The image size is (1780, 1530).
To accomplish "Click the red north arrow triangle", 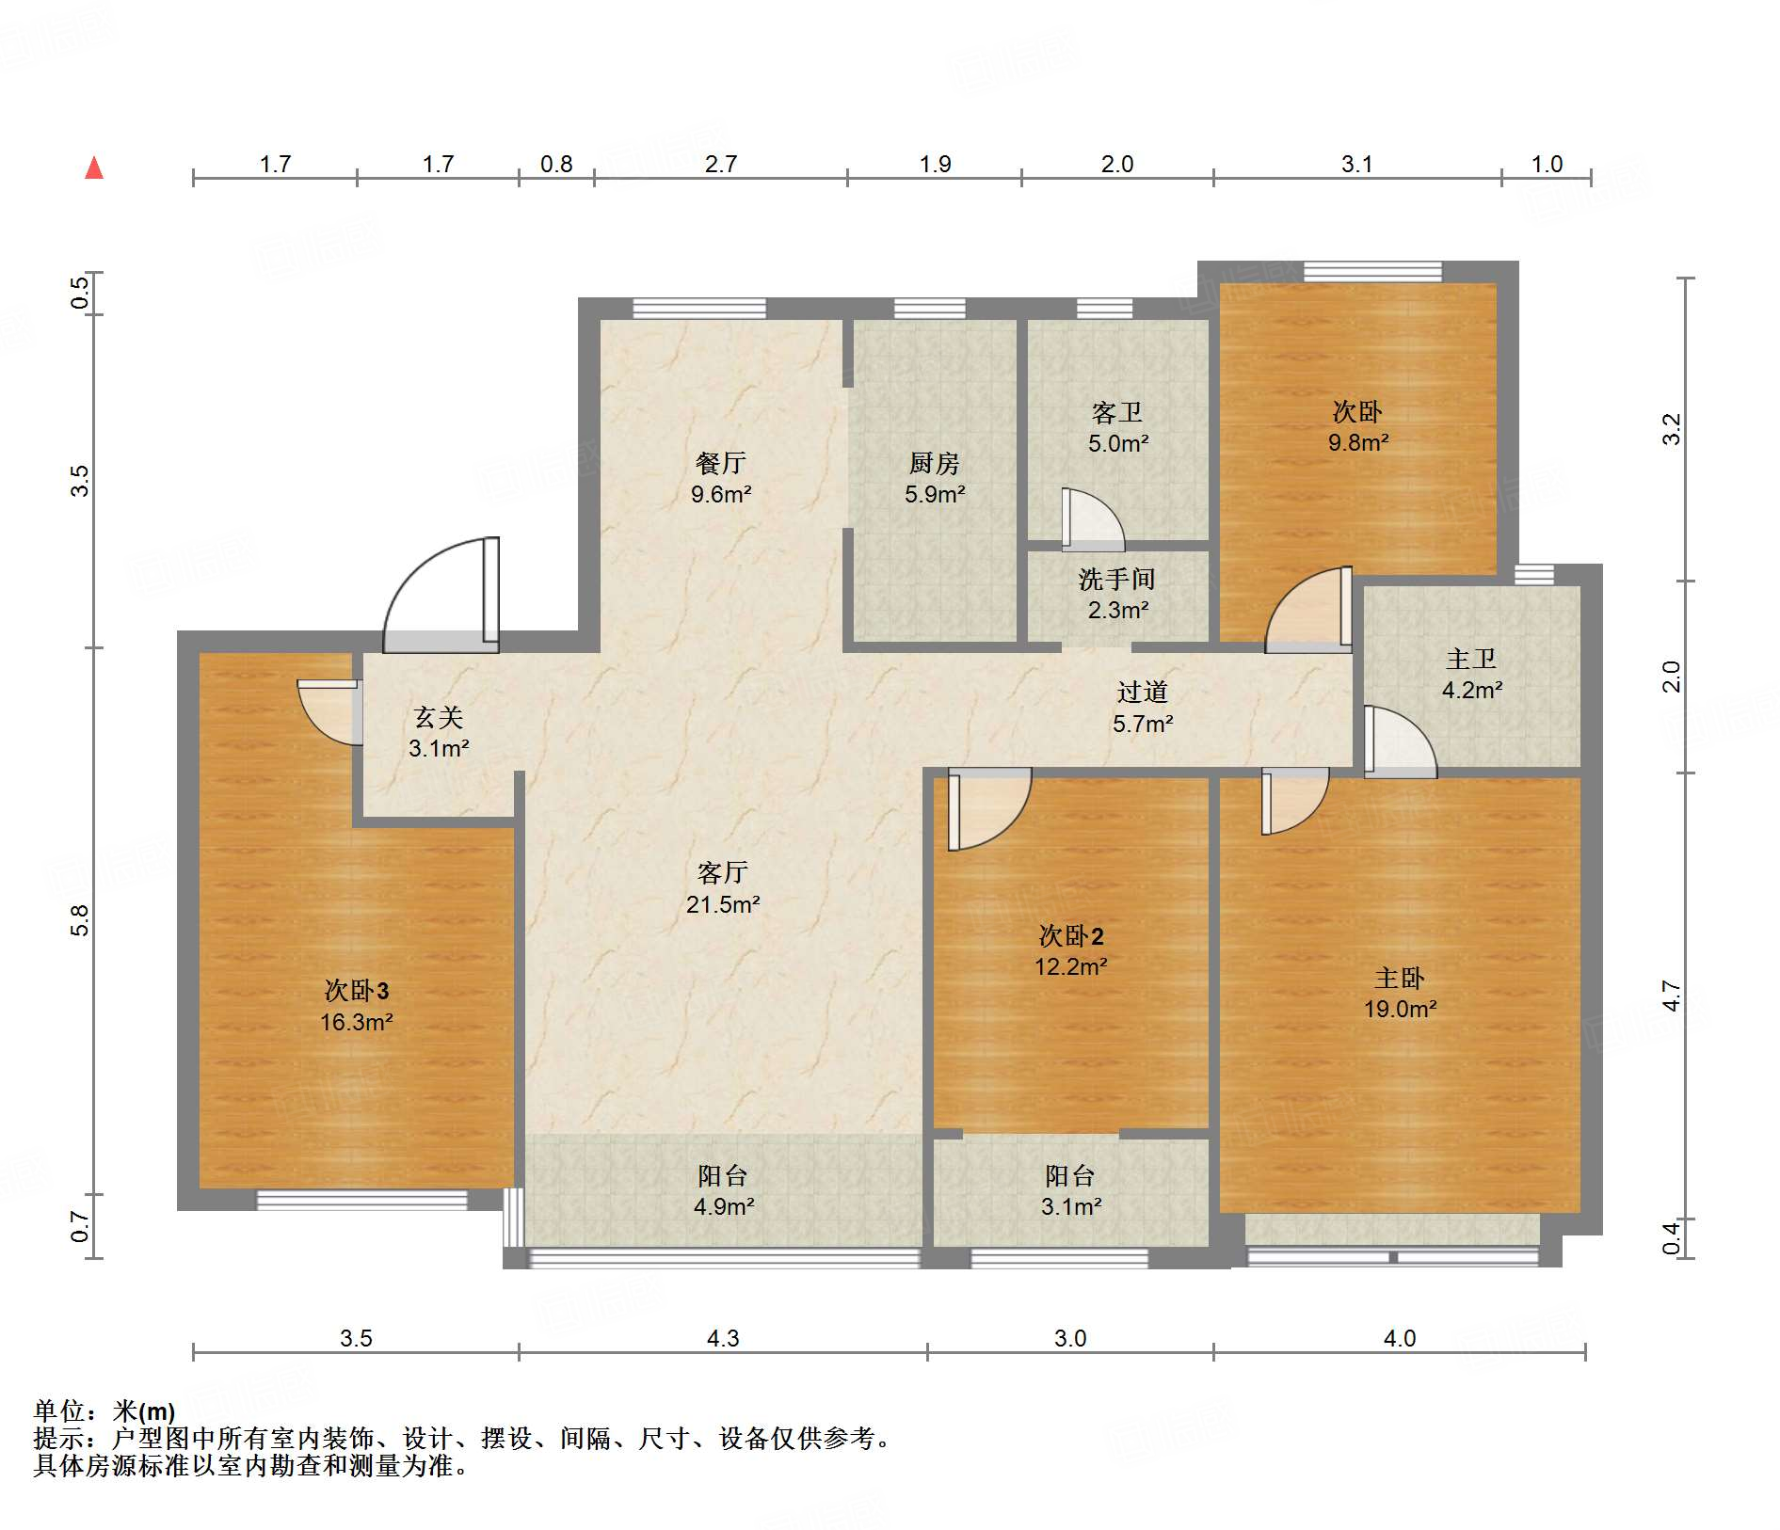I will click(x=94, y=168).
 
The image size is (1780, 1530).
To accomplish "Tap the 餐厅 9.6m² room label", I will click(x=721, y=478).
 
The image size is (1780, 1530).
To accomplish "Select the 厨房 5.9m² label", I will click(x=934, y=478).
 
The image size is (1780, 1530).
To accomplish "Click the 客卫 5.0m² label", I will click(x=1117, y=427).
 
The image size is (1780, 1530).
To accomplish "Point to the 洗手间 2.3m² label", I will click(x=1117, y=594).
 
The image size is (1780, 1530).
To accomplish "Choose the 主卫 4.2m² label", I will click(x=1471, y=674).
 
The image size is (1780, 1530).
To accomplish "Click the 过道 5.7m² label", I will click(x=1143, y=708).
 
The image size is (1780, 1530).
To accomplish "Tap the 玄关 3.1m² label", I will click(x=439, y=732).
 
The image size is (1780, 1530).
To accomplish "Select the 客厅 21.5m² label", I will click(x=722, y=887).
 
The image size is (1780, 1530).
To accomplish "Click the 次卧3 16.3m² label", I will click(x=356, y=1005).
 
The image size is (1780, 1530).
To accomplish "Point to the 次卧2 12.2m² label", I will click(x=1070, y=950).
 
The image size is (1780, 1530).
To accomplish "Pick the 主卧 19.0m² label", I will click(x=1400, y=993).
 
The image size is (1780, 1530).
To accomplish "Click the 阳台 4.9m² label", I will click(x=723, y=1190).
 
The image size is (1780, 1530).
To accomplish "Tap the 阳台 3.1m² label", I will click(x=1070, y=1190).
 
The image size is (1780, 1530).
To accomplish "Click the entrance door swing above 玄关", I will click(x=441, y=593).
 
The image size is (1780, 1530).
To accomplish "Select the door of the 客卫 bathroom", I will click(x=1092, y=519).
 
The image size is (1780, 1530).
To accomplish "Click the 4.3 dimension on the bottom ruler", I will click(x=723, y=1337).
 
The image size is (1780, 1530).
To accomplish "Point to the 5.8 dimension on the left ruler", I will click(x=80, y=920).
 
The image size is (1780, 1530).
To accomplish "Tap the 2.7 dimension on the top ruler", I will click(x=721, y=164).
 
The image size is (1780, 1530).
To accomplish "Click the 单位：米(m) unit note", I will click(x=104, y=1410).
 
